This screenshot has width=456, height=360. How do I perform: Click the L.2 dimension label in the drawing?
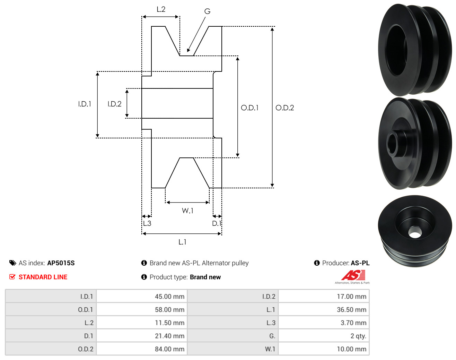(x=161, y=9)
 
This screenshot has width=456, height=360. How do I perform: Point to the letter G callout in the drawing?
(x=207, y=11)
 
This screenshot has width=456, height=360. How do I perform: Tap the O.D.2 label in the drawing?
(x=284, y=108)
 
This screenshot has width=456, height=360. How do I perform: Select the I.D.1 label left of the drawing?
(x=85, y=104)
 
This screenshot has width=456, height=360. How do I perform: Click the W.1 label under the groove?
(x=187, y=211)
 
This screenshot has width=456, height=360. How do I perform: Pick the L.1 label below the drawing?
(x=182, y=242)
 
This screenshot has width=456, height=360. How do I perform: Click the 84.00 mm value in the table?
(x=169, y=349)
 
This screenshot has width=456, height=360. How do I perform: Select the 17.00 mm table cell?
(x=351, y=297)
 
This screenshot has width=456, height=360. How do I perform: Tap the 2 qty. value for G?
(x=358, y=336)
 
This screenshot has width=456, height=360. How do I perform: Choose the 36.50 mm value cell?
(x=351, y=310)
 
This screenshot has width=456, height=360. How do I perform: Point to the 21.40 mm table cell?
(x=169, y=336)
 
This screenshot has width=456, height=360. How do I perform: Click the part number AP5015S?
(x=61, y=263)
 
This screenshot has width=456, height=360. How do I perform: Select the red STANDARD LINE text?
(x=43, y=277)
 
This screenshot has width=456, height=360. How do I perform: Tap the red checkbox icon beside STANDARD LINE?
(x=12, y=277)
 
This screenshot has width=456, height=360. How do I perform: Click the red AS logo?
(x=353, y=276)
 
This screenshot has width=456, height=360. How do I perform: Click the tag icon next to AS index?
(x=13, y=263)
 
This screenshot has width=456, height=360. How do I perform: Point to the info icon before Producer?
(x=317, y=263)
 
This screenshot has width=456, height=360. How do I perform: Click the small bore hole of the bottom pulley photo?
(x=414, y=232)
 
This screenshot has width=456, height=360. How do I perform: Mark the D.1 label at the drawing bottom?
(x=217, y=223)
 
